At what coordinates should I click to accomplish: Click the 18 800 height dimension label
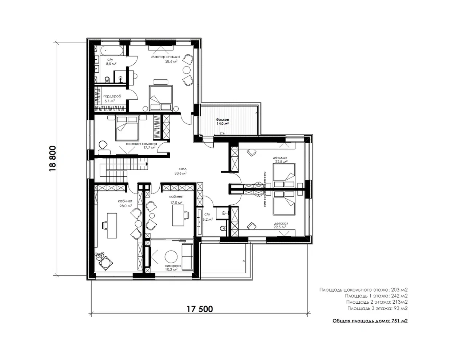pyautogui.click(x=53, y=159)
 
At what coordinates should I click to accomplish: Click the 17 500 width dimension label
pyautogui.click(x=200, y=309)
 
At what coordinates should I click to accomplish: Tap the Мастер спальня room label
pyautogui.click(x=166, y=57)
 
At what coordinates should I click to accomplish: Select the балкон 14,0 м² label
pyautogui.click(x=223, y=122)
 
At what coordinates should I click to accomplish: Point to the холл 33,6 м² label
pyautogui.click(x=180, y=171)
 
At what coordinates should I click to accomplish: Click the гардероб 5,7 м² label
pyautogui.click(x=112, y=99)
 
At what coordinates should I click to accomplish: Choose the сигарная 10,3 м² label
pyautogui.click(x=173, y=268)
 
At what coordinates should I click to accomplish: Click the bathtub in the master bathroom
pyautogui.click(x=111, y=51)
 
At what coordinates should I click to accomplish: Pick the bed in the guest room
pyautogui.click(x=127, y=128)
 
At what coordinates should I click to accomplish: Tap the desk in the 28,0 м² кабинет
pyautogui.click(x=112, y=225)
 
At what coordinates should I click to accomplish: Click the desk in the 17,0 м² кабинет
pyautogui.click(x=178, y=215)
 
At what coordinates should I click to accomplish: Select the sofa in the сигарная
pyautogui.click(x=187, y=256)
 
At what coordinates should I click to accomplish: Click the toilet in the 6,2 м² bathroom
pyautogui.click(x=223, y=228)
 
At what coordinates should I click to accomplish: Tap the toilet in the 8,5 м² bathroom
pyautogui.click(x=107, y=80)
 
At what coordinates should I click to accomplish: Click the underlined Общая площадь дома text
pyautogui.click(x=361, y=321)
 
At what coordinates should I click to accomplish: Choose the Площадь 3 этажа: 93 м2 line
pyautogui.click(x=378, y=308)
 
